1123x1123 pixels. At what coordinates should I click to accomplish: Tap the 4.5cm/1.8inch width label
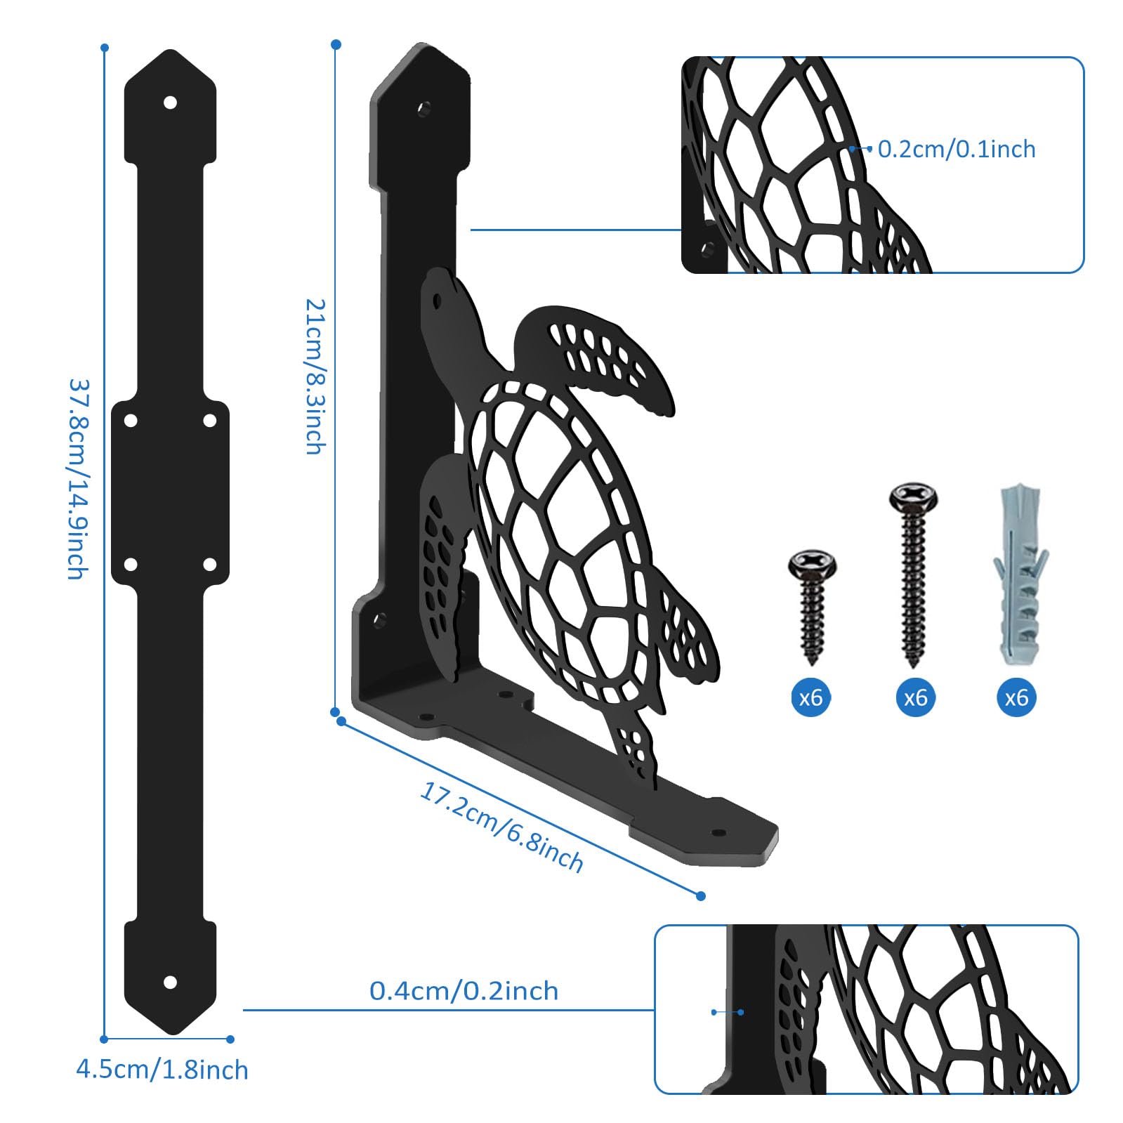pyautogui.click(x=162, y=1070)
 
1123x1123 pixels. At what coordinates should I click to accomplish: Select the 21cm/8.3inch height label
pyautogui.click(x=316, y=376)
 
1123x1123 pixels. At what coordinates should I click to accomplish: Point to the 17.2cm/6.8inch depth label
pyautogui.click(x=501, y=827)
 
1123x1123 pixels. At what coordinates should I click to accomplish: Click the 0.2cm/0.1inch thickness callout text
pyautogui.click(x=957, y=149)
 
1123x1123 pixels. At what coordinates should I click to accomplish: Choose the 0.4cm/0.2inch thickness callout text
pyautogui.click(x=464, y=991)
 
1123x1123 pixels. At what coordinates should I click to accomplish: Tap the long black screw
pyautogui.click(x=913, y=574)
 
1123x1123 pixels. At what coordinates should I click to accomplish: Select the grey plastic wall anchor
pyautogui.click(x=1019, y=574)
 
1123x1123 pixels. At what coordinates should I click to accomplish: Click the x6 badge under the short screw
pyautogui.click(x=811, y=697)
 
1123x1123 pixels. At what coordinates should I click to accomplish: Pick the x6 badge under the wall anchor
pyautogui.click(x=1016, y=697)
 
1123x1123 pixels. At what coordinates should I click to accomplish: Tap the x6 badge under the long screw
pyautogui.click(x=915, y=697)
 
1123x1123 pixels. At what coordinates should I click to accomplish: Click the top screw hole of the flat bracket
pyautogui.click(x=170, y=103)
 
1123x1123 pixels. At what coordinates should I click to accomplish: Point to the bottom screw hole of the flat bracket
pyautogui.click(x=170, y=982)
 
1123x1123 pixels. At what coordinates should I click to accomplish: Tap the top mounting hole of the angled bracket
pyautogui.click(x=424, y=109)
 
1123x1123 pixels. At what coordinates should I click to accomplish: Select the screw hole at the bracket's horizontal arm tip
pyautogui.click(x=718, y=833)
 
